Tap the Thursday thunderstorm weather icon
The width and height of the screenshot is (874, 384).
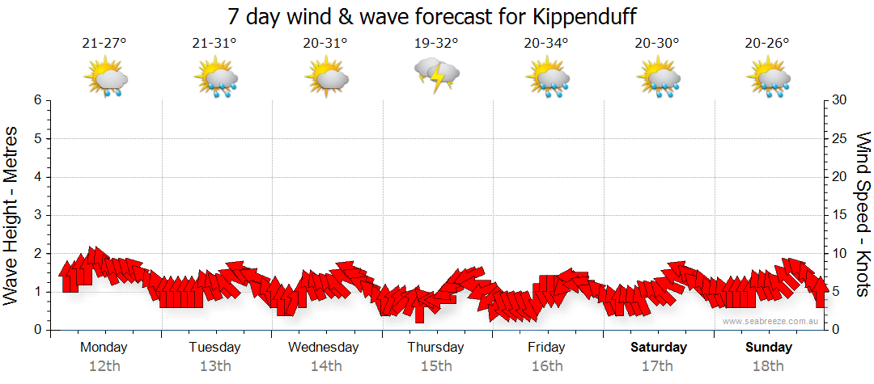437,74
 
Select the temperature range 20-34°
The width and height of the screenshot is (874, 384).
546,44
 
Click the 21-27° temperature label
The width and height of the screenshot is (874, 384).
104,44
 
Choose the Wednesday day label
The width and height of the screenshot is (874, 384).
324,348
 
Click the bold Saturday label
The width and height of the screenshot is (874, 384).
659,348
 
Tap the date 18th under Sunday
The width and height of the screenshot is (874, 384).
769,366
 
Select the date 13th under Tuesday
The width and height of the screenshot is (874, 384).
214,366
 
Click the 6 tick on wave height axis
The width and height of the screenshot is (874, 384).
37,100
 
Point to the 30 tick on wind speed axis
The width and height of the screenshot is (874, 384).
840,100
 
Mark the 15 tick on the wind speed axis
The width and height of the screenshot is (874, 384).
839,215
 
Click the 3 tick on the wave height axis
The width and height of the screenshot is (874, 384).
37,215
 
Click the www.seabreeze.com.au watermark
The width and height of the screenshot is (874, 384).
771,321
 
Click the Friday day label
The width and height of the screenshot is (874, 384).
546,348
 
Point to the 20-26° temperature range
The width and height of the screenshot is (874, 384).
767,44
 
